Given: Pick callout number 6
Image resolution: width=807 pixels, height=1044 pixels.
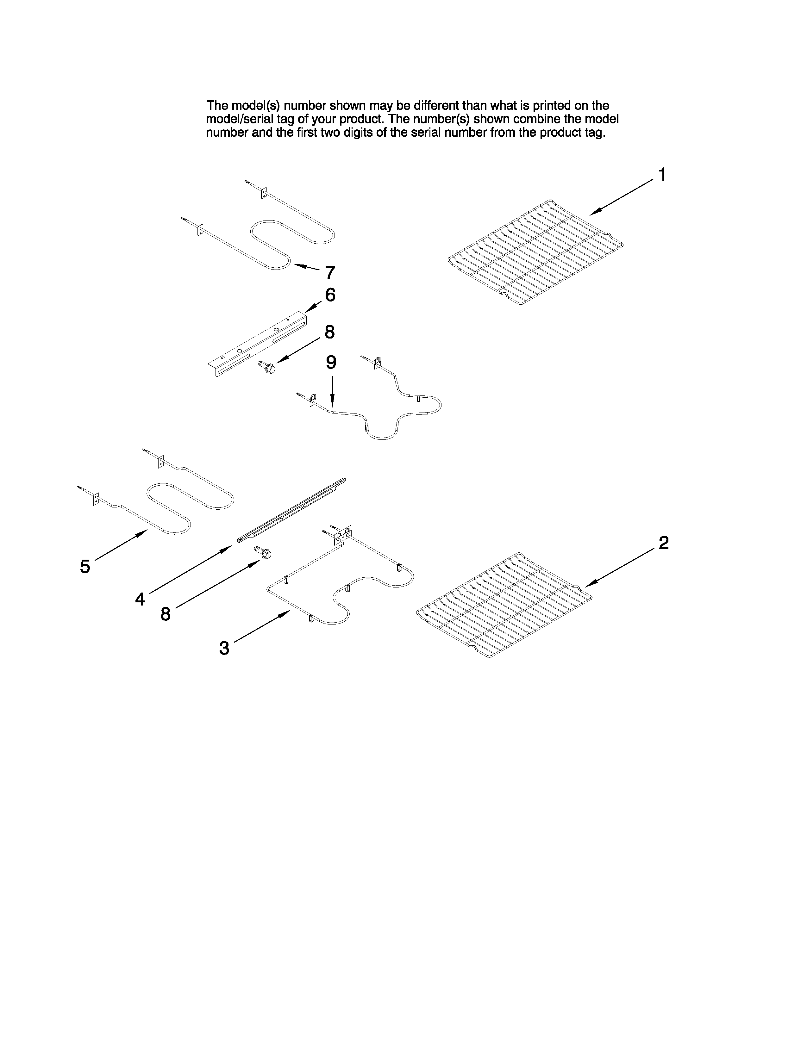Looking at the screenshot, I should [330, 295].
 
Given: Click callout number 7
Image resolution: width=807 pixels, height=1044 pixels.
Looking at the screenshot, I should [330, 273].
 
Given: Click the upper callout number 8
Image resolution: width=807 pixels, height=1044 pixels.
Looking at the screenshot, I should [329, 332].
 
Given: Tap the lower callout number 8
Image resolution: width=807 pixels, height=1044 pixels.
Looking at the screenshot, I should [166, 614].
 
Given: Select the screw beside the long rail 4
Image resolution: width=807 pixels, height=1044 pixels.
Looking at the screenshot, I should [263, 553].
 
